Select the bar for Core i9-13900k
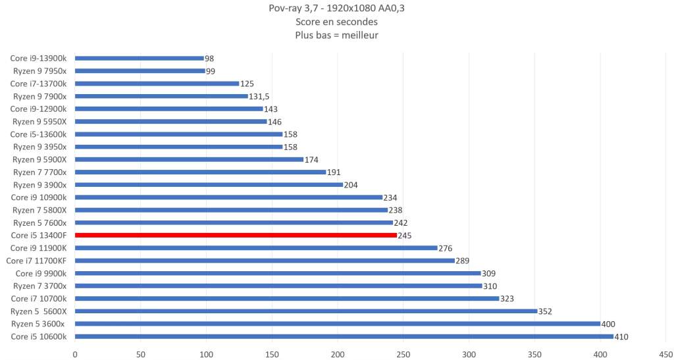click(x=140, y=58)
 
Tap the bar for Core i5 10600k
click(x=344, y=336)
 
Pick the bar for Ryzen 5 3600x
click(x=337, y=324)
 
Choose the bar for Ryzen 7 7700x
click(x=200, y=172)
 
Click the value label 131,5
click(x=259, y=96)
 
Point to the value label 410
click(x=621, y=336)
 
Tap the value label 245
click(x=405, y=235)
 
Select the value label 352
click(x=546, y=311)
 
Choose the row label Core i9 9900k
click(x=41, y=273)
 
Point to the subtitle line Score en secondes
click(x=336, y=22)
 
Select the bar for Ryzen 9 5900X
click(x=189, y=159)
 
